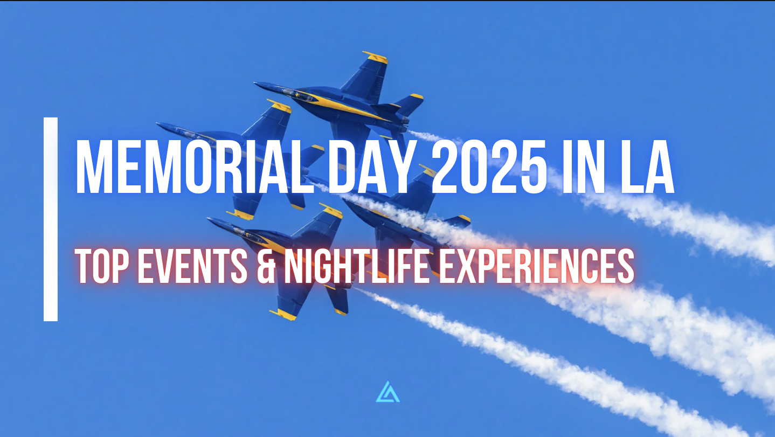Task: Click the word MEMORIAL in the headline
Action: coord(195,167)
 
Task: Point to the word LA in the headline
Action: coord(647,167)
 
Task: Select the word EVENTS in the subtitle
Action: coord(193,266)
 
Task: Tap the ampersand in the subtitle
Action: coord(266,266)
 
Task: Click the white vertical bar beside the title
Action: coord(51,219)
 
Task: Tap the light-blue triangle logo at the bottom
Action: coord(388,392)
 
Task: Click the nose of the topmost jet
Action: coord(256,84)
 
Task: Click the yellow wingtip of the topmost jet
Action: coord(375,58)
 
